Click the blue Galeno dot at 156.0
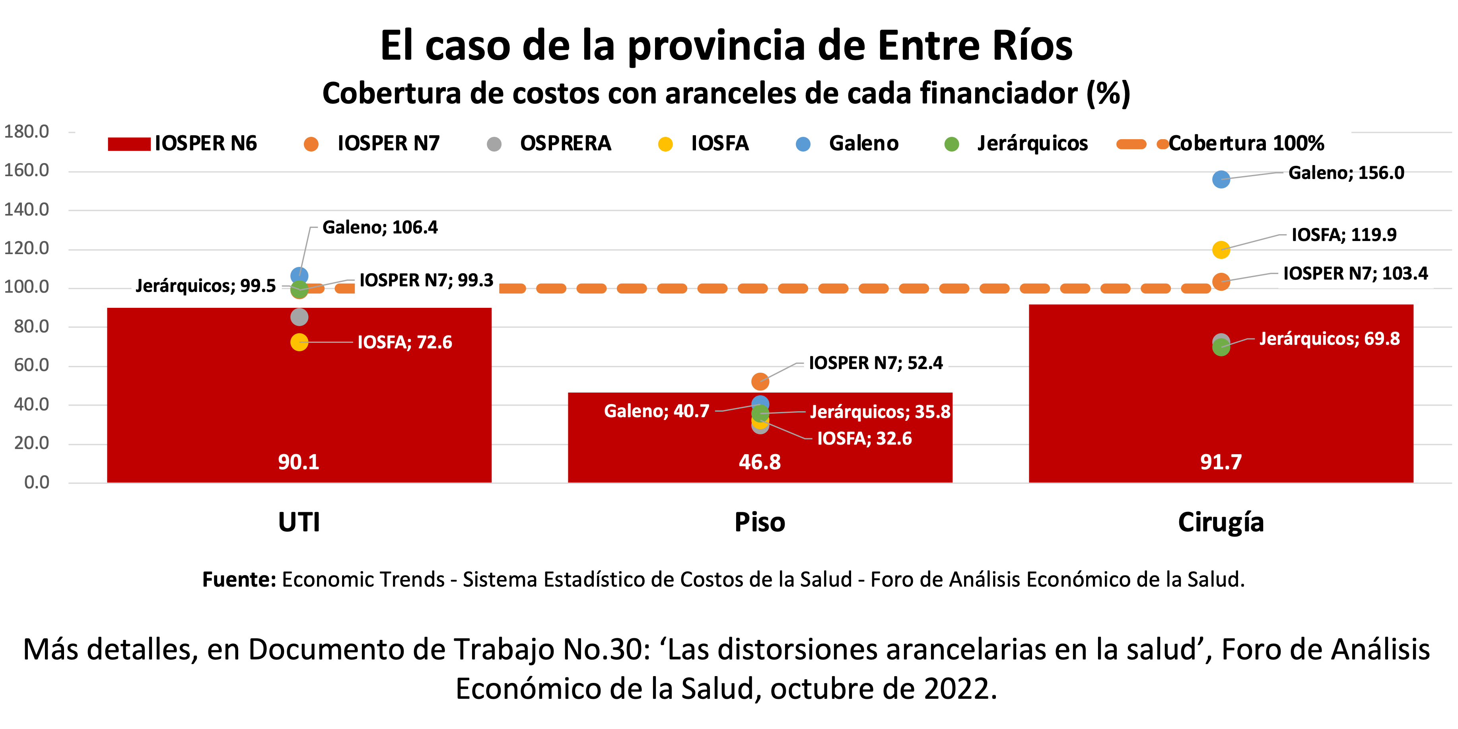click(1221, 179)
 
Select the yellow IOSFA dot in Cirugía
click(1221, 250)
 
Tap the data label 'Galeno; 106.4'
click(380, 227)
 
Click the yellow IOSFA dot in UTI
click(299, 342)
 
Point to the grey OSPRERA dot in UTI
click(299, 317)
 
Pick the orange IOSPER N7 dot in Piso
click(760, 381)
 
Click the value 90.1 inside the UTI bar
click(298, 462)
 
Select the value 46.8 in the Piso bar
click(760, 462)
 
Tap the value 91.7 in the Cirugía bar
click(1221, 462)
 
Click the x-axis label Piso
click(760, 522)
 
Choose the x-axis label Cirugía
click(1221, 522)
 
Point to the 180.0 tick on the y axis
click(27, 132)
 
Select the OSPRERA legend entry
click(565, 144)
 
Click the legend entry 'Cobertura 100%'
click(1245, 144)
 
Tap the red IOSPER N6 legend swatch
click(129, 144)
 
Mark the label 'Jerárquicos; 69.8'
click(1329, 338)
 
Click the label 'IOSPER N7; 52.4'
click(876, 363)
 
